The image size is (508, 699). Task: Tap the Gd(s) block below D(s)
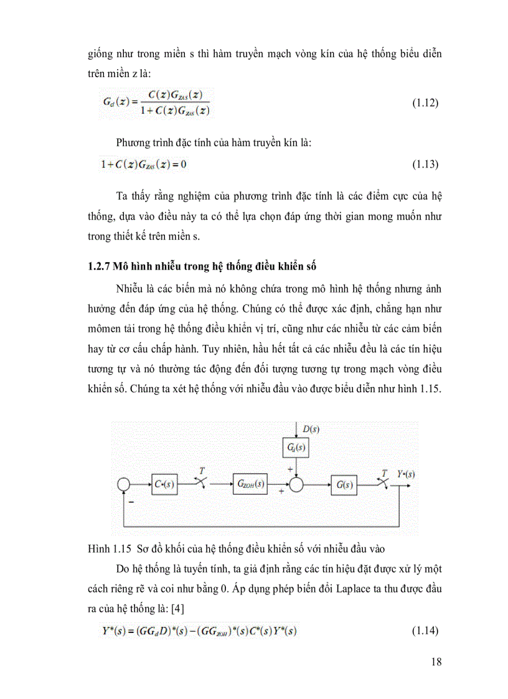pyautogui.click(x=296, y=448)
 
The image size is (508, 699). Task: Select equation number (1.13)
pyautogui.click(x=425, y=165)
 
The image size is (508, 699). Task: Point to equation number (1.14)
pyautogui.click(x=425, y=631)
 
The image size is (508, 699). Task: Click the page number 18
pyautogui.click(x=436, y=662)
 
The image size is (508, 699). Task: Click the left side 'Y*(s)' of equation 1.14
pyautogui.click(x=98, y=631)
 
